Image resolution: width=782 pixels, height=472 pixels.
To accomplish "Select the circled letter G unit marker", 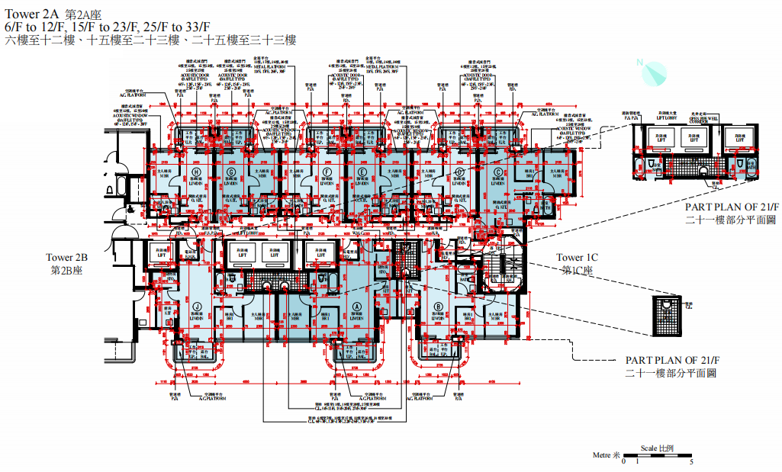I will pyautogui.click(x=230, y=173).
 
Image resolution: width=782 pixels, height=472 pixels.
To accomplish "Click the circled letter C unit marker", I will pyautogui.click(x=498, y=173).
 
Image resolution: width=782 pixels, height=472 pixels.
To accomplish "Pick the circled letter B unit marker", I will pyautogui.click(x=438, y=307).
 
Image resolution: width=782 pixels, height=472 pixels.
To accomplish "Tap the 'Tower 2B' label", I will pyautogui.click(x=67, y=258).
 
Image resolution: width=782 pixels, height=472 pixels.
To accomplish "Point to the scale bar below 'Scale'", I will pyautogui.click(x=657, y=456).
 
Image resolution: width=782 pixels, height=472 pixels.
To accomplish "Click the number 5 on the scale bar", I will pyautogui.click(x=690, y=463).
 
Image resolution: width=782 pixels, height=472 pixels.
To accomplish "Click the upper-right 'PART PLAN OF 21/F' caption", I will pyautogui.click(x=730, y=207).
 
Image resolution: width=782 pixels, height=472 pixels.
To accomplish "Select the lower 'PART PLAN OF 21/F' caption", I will pyautogui.click(x=671, y=360).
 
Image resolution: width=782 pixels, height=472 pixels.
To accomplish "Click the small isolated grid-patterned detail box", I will pyautogui.click(x=666, y=315).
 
